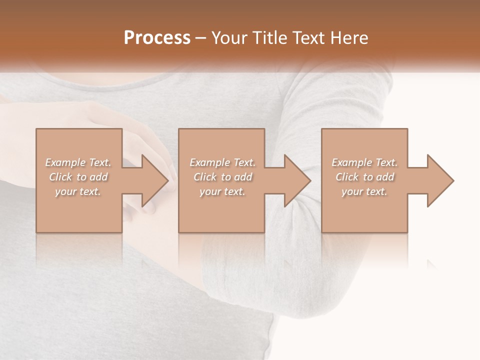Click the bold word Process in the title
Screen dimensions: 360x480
pos(157,38)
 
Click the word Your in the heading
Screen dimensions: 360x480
pos(228,38)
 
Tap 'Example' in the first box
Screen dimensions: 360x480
pos(65,162)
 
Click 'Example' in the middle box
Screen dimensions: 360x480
pos(209,162)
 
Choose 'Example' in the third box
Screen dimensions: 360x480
pos(351,162)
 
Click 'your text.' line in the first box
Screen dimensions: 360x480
pos(78,191)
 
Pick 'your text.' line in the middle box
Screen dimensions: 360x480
pos(222,191)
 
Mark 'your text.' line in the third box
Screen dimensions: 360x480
pos(364,191)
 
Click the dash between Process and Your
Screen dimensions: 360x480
pos(201,38)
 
